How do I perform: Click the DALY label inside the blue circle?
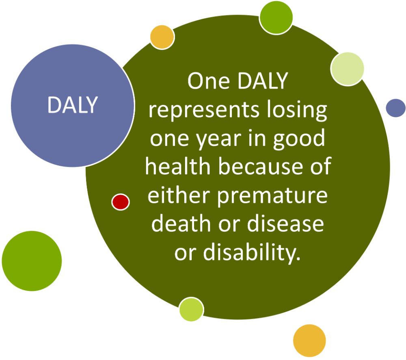click(73, 105)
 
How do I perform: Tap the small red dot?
click(121, 202)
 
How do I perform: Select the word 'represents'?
click(203, 111)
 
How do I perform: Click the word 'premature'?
click(272, 196)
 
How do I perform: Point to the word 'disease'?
click(285, 223)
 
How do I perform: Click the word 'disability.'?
click(252, 252)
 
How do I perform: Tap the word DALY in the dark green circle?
click(263, 81)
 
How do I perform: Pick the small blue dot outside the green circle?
click(395, 108)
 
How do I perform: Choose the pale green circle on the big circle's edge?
click(347, 69)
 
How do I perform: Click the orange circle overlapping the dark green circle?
click(162, 37)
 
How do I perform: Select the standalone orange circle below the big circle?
click(309, 340)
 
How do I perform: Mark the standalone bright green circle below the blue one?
click(32, 261)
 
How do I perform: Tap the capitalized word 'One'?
click(208, 81)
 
